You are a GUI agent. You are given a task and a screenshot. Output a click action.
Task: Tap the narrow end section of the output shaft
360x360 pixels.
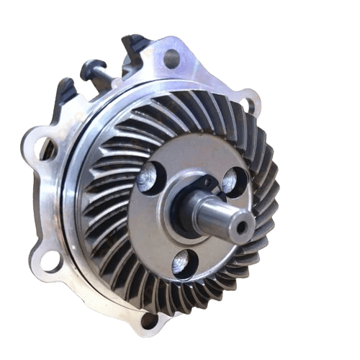coord(229,218)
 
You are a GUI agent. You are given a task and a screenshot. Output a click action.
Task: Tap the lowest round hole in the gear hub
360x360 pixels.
coord(183,264)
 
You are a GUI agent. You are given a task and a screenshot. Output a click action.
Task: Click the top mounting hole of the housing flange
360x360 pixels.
coord(171,58)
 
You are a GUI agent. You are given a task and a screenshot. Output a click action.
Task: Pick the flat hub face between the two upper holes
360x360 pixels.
coord(191,162)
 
